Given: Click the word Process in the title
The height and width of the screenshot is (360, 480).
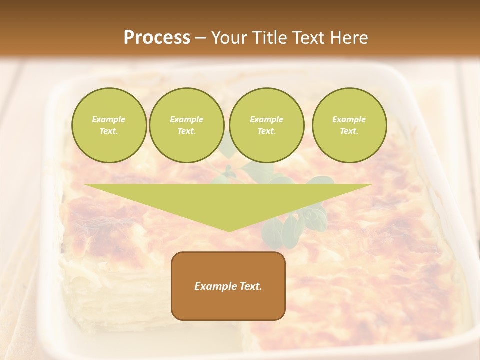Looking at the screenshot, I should pos(157,38).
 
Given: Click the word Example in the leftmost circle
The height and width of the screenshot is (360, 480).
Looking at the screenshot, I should pos(109,119).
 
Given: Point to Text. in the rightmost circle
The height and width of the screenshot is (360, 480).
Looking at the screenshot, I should pos(349,131).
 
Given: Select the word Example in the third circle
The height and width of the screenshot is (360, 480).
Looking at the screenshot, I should pos(266,119).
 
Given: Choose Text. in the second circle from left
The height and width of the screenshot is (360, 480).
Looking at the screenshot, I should pos(187,131).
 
